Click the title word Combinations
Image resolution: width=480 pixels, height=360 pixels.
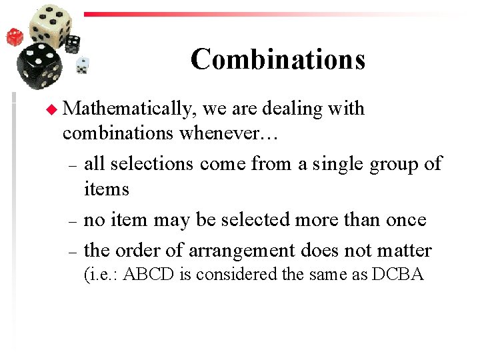[278, 59]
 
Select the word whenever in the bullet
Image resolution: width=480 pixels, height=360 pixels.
[231, 133]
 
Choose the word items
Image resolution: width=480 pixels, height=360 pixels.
[107, 189]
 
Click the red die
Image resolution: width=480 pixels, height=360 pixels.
[15, 37]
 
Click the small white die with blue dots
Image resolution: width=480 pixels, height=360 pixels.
[83, 65]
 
